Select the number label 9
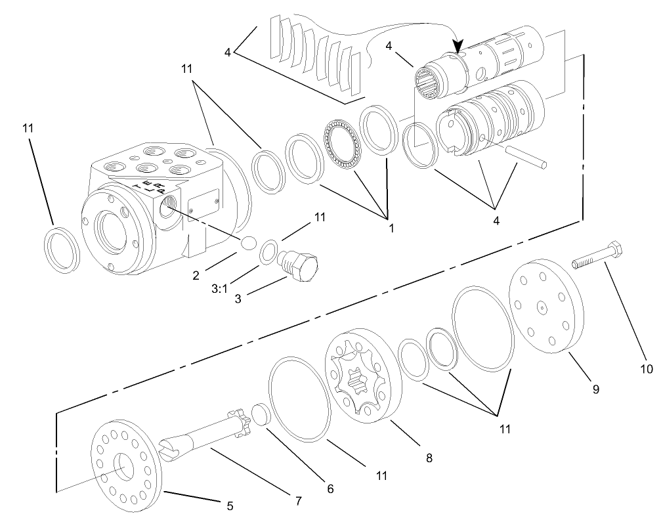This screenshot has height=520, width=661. pyautogui.click(x=596, y=389)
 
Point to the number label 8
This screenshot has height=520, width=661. pyautogui.click(x=429, y=458)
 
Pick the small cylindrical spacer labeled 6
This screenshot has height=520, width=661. pyautogui.click(x=261, y=415)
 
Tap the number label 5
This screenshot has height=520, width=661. pyautogui.click(x=229, y=506)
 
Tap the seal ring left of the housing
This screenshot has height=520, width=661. pyautogui.click(x=62, y=249)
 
